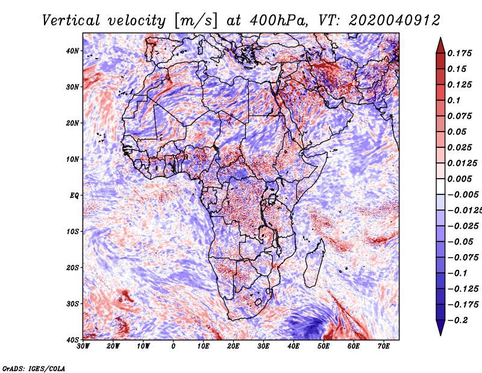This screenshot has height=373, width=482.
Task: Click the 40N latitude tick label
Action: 72,51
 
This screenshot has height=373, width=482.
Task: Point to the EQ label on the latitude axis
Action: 74,196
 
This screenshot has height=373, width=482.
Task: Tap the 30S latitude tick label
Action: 72,304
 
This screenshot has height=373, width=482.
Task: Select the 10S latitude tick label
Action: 72,232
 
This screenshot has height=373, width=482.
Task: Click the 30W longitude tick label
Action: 83,346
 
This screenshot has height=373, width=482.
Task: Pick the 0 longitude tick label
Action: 174,346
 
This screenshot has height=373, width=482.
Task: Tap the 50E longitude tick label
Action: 324,346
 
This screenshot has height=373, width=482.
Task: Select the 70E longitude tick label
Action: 384,346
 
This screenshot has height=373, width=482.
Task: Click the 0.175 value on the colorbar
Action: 459,54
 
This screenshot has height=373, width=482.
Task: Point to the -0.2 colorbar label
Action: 458,320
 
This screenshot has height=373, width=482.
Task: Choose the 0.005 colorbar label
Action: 459,179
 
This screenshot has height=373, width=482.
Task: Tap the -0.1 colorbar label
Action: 458,273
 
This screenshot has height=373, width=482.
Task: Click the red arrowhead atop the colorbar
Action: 440,46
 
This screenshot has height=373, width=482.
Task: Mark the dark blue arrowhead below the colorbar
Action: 440,327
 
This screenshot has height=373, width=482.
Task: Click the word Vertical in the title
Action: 71,21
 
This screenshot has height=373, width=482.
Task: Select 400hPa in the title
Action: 278,21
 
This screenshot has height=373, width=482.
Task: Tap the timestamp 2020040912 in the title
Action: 395,21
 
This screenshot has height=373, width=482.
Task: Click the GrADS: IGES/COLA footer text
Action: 34,369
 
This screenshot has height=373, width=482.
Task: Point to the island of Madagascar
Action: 315,264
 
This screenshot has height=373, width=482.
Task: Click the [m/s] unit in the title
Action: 196,21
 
